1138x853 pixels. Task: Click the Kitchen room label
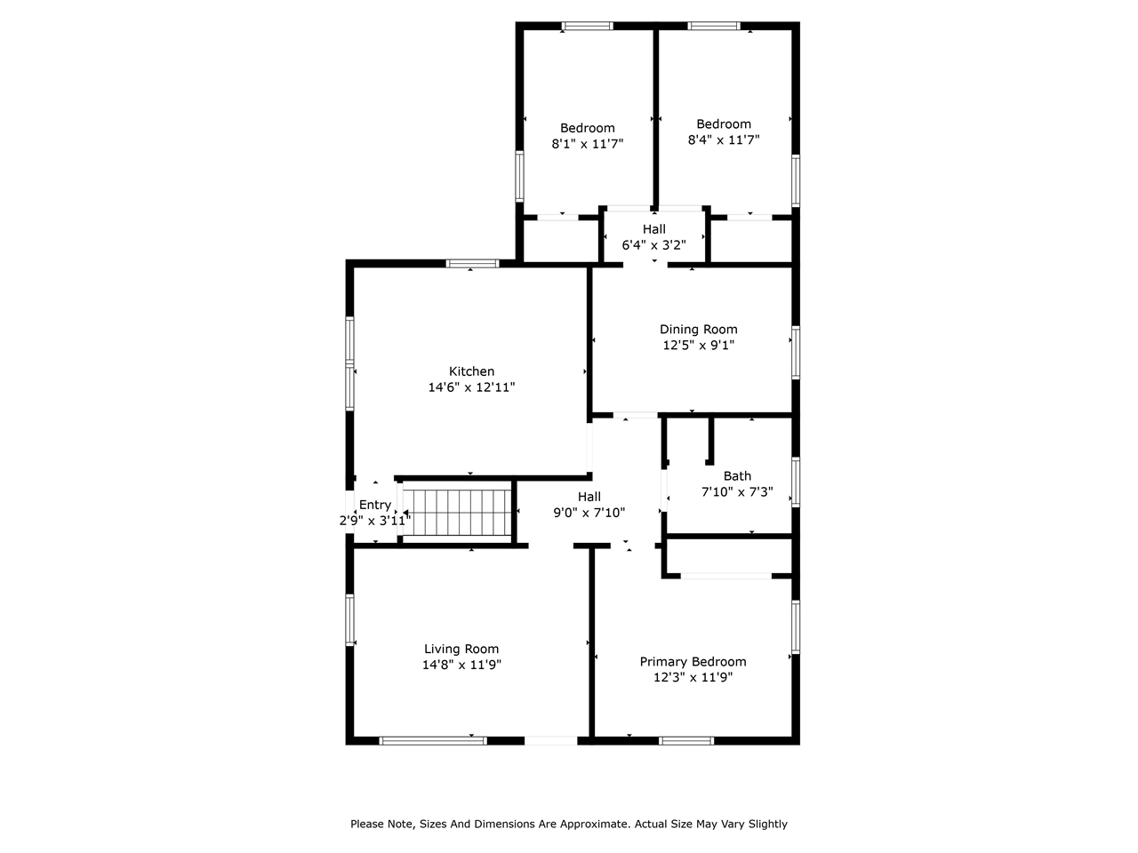point(471,371)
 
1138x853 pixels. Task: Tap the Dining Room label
point(698,330)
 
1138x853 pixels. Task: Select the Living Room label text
point(461,649)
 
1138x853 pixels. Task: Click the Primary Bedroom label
point(693,661)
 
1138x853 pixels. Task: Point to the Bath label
point(737,476)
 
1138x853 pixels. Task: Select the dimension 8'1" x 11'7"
point(587,144)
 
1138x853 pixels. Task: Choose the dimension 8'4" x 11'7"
point(723,140)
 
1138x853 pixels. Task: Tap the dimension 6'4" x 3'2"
point(653,244)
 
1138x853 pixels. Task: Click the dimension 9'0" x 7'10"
point(589,513)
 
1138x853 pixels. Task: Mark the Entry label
point(374,505)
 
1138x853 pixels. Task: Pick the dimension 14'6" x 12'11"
point(471,387)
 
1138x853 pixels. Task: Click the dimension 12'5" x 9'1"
point(698,346)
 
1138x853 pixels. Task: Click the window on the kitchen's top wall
point(472,263)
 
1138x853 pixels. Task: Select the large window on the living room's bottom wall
point(433,740)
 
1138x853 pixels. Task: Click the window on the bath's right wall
point(796,482)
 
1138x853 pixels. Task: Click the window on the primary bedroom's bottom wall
point(686,740)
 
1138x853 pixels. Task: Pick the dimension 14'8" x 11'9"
point(461,665)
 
